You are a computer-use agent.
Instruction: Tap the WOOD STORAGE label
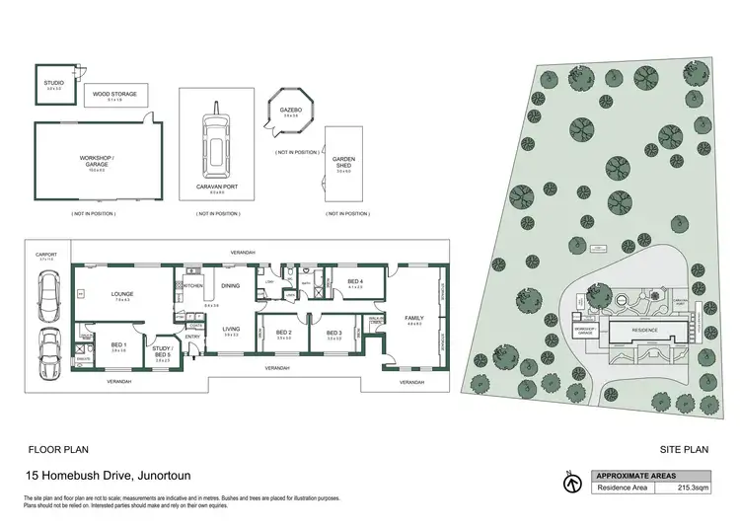pos(114,95)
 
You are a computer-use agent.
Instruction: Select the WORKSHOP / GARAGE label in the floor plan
pos(97,161)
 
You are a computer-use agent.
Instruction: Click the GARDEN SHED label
pos(343,163)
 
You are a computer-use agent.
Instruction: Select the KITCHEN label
pos(193,286)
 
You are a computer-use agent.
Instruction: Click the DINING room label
pos(230,286)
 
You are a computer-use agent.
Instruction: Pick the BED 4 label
pos(355,282)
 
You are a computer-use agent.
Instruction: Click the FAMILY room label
pos(412,318)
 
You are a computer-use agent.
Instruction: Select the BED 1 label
pos(118,344)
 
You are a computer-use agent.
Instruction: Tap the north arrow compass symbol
pos(569,483)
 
